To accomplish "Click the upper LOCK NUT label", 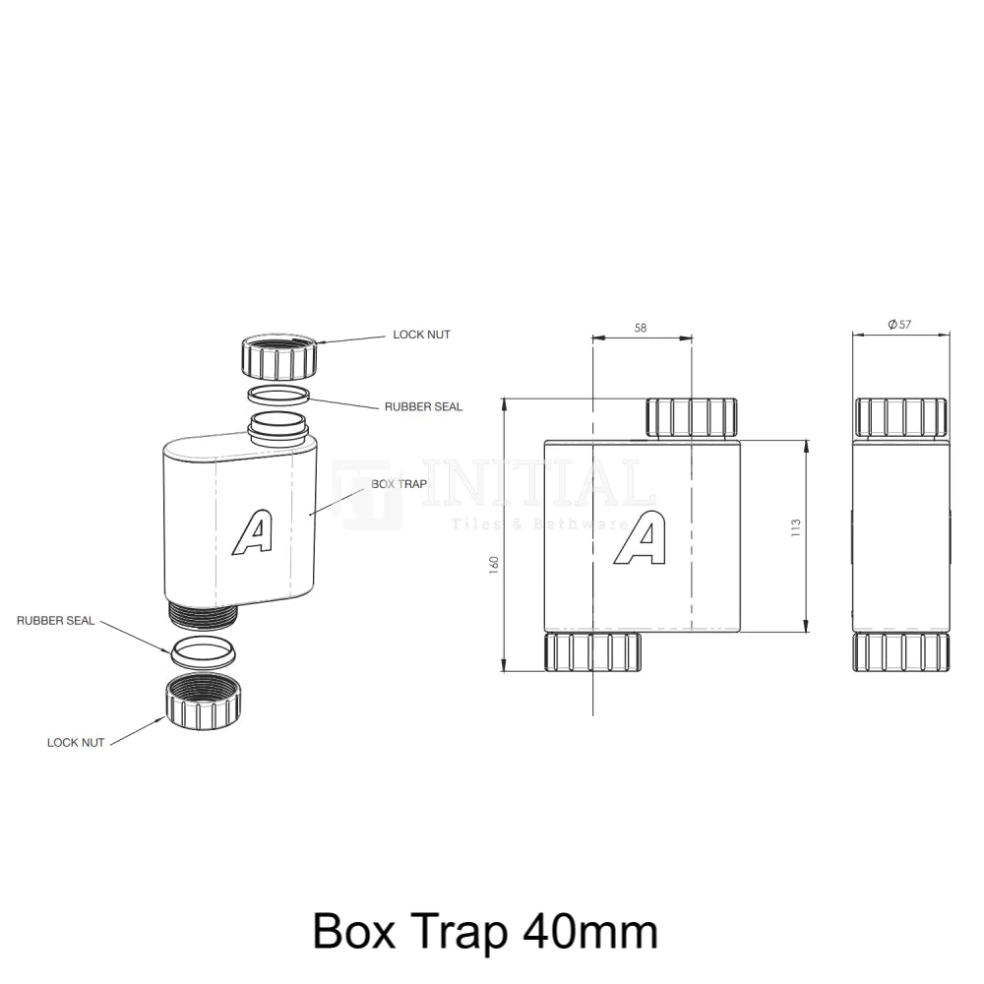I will point(421,335).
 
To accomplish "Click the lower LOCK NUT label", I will point(76,742).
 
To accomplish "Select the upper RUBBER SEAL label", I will point(423,406).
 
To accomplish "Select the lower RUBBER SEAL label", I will point(55,621).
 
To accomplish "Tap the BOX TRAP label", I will point(399,484).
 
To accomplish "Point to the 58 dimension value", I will point(641,328).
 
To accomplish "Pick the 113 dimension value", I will point(796,527).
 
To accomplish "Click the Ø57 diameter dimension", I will point(899,325).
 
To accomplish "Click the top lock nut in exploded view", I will point(278,358).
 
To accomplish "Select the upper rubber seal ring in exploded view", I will point(278,396).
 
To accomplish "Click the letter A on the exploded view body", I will point(252,532).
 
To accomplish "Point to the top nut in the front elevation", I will point(691,417).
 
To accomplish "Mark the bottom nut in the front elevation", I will point(592,652).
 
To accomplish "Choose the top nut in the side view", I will point(900,417).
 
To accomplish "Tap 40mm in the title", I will point(591,930).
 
